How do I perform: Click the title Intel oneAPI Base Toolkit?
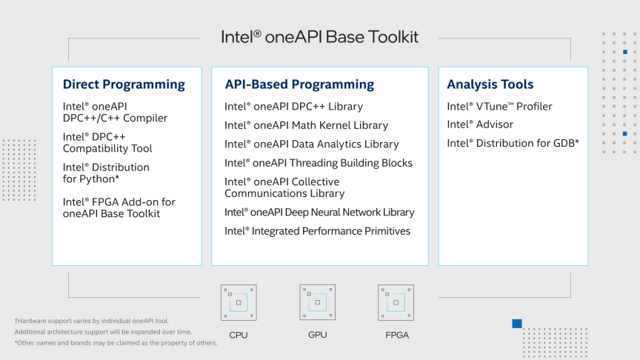point(319,37)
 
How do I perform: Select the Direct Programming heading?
point(124,84)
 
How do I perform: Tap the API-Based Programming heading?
point(299,84)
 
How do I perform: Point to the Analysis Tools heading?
point(490,84)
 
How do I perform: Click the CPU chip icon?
point(239,302)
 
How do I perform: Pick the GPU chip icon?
point(318,302)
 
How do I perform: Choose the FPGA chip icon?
point(396,302)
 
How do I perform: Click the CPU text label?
point(239,335)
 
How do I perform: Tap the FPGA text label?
point(397,335)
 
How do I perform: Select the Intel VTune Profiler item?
point(499,107)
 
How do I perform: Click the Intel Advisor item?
point(480,124)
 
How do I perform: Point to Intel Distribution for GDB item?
point(513,143)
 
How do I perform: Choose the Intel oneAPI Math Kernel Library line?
point(306,125)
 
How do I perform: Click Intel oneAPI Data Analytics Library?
point(311,144)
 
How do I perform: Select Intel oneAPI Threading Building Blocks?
point(319,163)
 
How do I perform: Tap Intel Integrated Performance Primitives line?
point(317,231)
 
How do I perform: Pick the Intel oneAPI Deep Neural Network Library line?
point(319,213)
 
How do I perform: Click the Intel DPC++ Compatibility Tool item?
point(107,142)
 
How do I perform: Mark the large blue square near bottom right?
point(517,324)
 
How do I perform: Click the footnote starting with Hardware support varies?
point(92,321)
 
